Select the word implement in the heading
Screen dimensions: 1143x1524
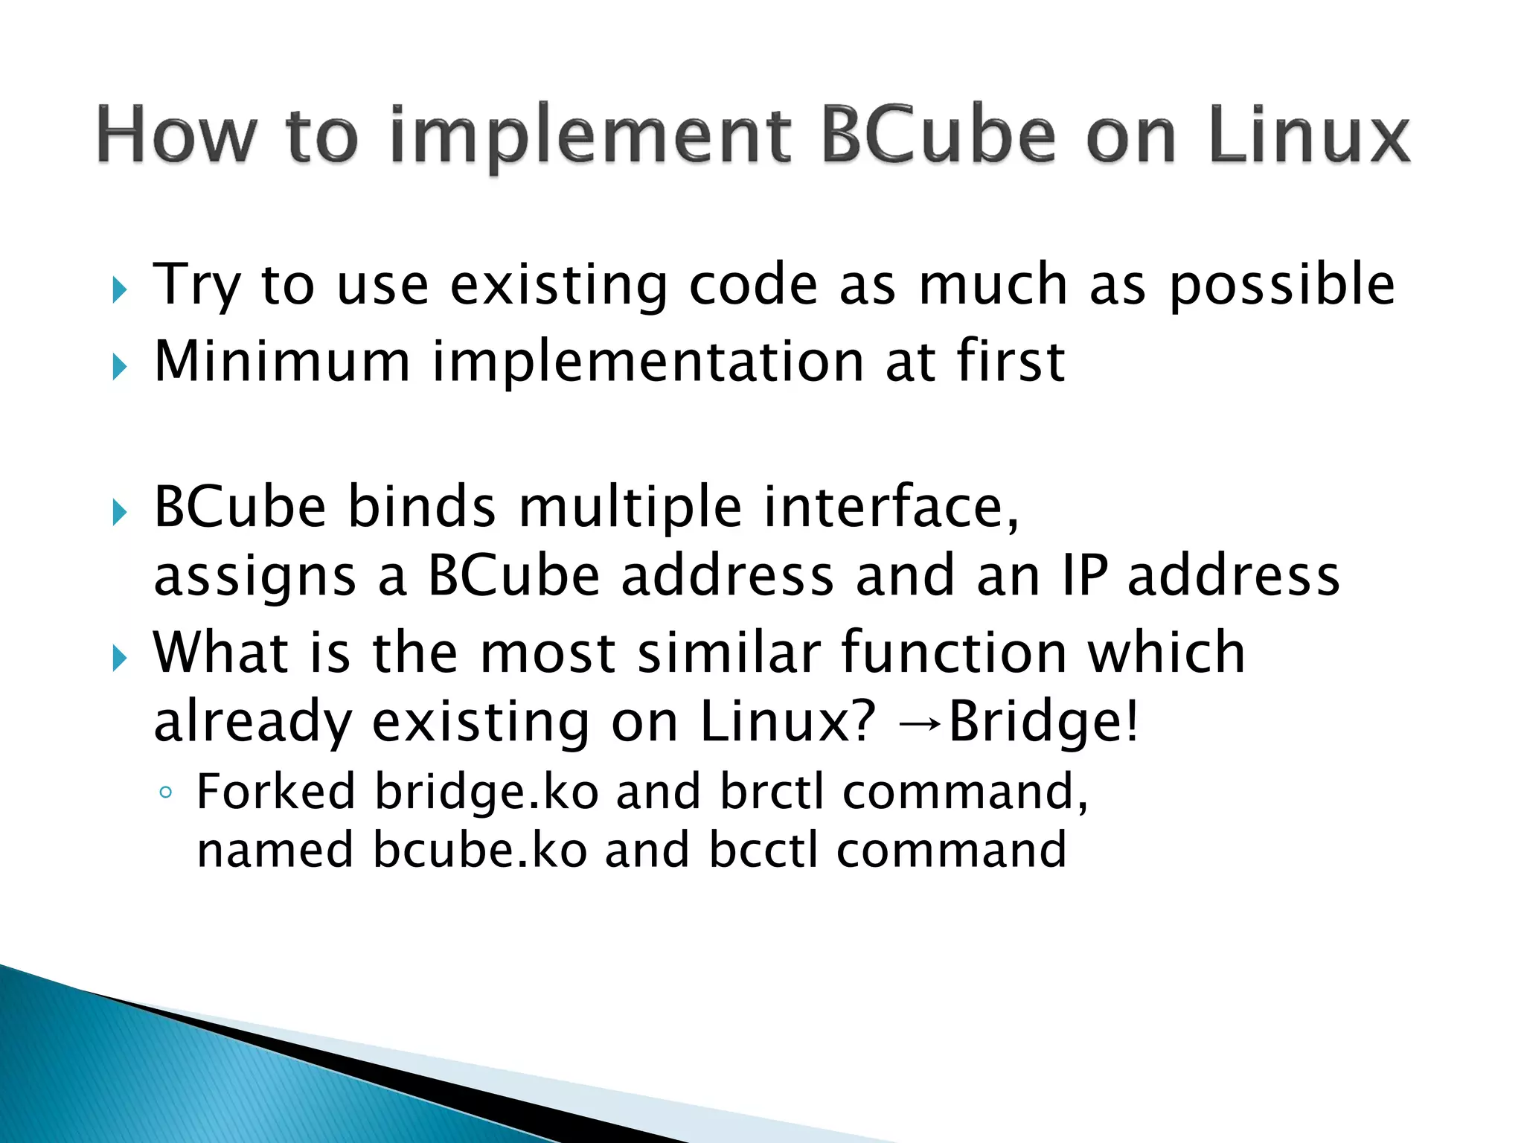pos(590,138)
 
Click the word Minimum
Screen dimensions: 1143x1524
pos(282,362)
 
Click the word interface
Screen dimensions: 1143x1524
pos(891,508)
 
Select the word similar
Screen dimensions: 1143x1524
pos(729,653)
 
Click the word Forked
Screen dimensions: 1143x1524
pos(275,791)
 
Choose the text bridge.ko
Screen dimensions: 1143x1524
pos(486,791)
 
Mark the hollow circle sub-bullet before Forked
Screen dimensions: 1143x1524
pos(165,793)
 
